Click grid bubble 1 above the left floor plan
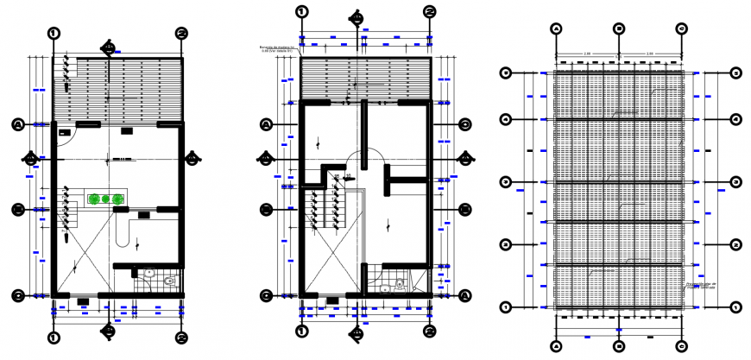(x=54, y=33)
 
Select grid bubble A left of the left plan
(x=16, y=125)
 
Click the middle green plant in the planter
(x=106, y=199)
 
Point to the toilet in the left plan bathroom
(x=170, y=280)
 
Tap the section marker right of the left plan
(x=192, y=158)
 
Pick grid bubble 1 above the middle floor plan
(x=301, y=11)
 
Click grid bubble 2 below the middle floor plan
(x=429, y=332)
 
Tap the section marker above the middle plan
(x=355, y=17)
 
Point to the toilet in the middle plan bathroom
(x=400, y=282)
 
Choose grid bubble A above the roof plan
(x=557, y=28)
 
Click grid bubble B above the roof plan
(x=619, y=28)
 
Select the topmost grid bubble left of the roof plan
(x=507, y=73)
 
